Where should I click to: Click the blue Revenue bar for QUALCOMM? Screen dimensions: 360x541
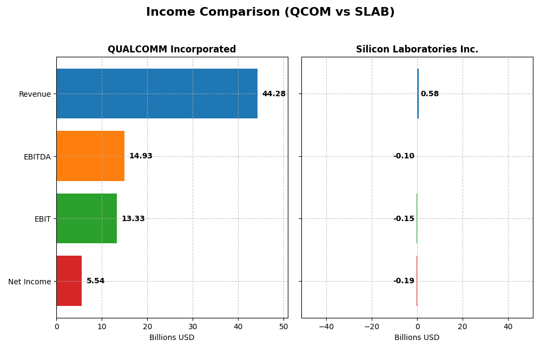[x=157, y=94]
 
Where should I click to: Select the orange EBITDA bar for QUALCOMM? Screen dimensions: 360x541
[x=90, y=156]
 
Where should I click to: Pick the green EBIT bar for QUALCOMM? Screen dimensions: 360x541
[x=87, y=218]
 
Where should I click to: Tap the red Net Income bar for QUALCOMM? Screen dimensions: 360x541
[x=69, y=281]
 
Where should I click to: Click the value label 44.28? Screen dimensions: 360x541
[x=274, y=94]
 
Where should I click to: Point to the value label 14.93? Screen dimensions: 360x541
[x=141, y=156]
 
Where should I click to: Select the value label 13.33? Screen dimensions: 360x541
[x=133, y=219]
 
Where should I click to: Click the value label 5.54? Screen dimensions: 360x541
[x=96, y=281]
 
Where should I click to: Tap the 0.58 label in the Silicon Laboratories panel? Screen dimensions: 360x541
[x=430, y=94]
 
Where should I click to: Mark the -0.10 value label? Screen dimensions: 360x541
[x=404, y=156]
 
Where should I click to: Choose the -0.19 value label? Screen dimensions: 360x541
[x=404, y=281]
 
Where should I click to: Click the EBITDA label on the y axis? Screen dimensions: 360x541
[x=37, y=157]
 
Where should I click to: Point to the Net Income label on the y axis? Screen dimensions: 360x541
[x=29, y=282]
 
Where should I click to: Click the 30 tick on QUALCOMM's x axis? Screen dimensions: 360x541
[x=193, y=326]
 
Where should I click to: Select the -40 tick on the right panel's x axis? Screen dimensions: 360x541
[x=326, y=326]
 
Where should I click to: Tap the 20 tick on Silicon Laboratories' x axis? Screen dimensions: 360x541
[x=463, y=326]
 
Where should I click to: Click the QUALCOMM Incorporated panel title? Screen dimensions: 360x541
[x=171, y=50]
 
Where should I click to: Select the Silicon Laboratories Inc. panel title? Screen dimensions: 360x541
[x=417, y=50]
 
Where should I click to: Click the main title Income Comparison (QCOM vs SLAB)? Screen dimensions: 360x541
[x=270, y=12]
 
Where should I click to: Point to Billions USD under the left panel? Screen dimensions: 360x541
[x=171, y=338]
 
